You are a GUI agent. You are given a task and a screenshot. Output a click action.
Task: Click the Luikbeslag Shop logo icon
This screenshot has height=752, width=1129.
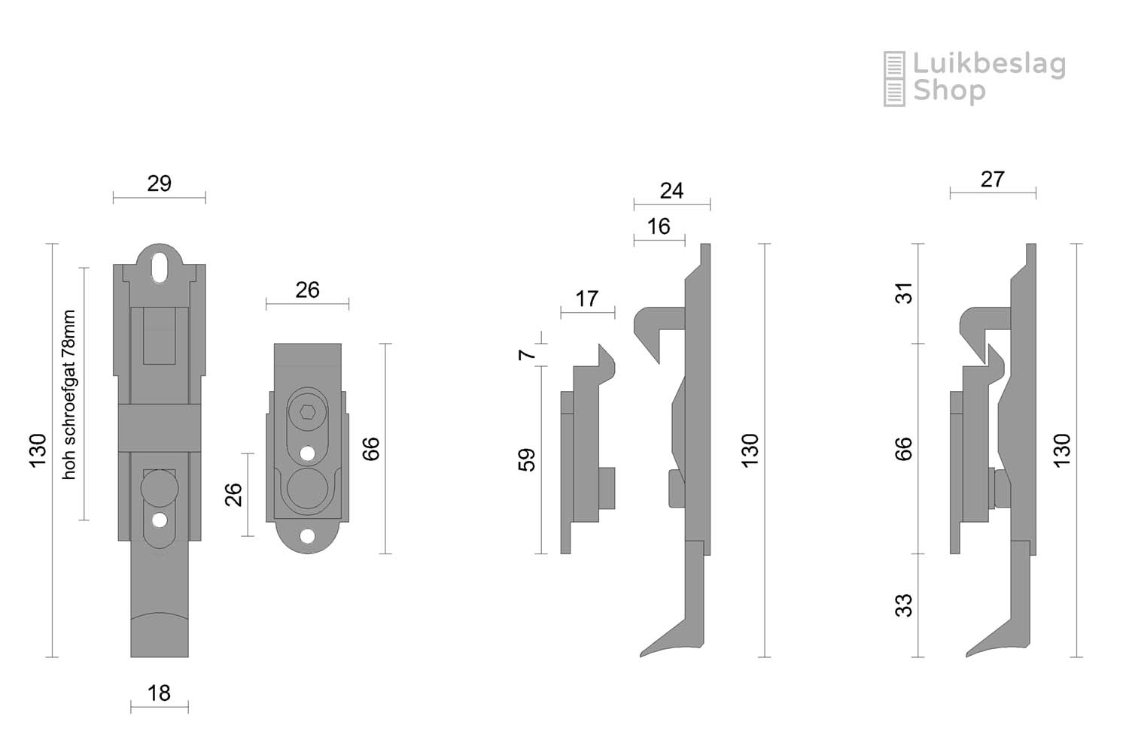click(894, 78)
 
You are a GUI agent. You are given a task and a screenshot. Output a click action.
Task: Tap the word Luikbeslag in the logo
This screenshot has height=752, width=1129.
click(990, 65)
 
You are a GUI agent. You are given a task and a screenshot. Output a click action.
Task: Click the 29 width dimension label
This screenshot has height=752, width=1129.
click(160, 183)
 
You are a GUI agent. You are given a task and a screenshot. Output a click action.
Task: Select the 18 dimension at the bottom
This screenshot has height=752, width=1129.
click(160, 693)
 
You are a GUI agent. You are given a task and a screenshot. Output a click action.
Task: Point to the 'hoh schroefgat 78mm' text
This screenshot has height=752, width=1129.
click(68, 395)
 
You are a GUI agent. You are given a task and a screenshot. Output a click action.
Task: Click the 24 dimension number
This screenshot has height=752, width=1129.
click(672, 191)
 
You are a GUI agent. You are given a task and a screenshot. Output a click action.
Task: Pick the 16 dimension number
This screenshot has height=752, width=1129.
click(659, 226)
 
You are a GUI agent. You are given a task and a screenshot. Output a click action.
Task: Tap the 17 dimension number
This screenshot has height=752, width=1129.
click(586, 299)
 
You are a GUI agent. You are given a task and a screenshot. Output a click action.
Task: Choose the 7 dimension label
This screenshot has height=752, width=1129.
click(527, 355)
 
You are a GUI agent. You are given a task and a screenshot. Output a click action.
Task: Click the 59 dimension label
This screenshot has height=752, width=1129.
click(527, 460)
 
